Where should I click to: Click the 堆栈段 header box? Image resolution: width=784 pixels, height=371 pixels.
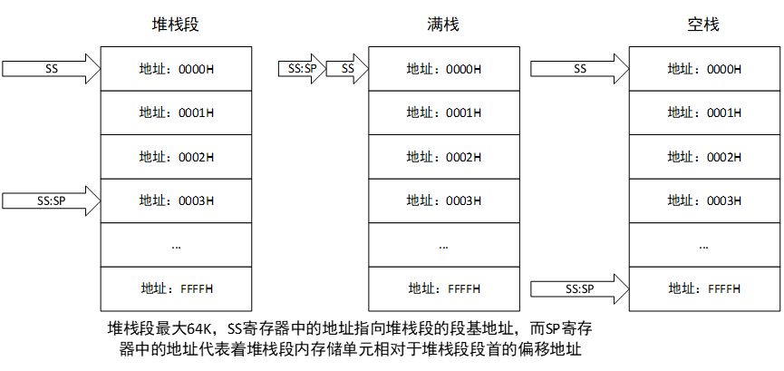175,24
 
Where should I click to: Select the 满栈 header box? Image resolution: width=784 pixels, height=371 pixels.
442,24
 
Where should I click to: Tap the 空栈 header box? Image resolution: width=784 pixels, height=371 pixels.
703,24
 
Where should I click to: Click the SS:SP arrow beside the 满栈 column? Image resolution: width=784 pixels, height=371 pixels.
302,68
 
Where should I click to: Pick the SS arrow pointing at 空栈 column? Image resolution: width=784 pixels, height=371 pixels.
580,68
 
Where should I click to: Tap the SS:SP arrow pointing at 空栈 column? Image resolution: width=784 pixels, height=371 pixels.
580,288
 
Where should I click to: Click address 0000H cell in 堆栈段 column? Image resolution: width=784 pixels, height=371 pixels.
175,69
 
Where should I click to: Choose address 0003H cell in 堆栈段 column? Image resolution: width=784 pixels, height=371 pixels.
175,200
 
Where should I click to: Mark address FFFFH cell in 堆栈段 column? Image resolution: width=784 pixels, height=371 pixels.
175,288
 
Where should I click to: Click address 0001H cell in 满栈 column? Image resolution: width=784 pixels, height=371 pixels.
442,112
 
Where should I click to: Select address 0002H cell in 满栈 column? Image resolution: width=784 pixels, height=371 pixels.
442,157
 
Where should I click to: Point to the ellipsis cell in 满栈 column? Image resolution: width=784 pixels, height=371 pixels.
442,245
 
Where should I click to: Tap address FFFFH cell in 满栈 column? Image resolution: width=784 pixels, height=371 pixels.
442,288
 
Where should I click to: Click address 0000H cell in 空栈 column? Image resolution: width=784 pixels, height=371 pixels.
703,69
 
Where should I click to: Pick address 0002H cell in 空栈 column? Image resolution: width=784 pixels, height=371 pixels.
703,157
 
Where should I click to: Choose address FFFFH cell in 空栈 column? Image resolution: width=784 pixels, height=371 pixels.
703,288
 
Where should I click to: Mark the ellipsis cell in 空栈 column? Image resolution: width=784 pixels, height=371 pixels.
703,245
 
